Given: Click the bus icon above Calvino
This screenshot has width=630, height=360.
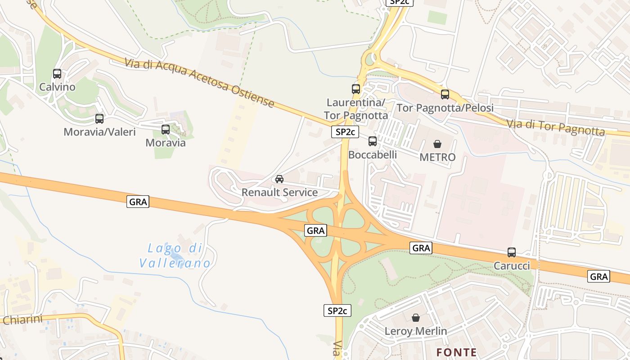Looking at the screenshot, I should point(57,74).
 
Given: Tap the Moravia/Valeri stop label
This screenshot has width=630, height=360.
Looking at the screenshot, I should point(99,132).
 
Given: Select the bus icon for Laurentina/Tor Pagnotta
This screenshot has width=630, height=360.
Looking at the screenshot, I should point(356,89).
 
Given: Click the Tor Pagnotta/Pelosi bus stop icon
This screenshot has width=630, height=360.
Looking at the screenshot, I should point(445,94).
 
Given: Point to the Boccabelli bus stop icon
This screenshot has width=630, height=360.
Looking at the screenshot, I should point(373,141).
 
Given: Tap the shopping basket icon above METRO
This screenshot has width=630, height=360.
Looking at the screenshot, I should point(437,144).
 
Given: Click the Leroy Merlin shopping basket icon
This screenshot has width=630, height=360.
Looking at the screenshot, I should point(416,318).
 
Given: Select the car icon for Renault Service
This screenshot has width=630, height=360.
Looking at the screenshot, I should point(279,179).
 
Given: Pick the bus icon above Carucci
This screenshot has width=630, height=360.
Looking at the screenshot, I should point(512,252).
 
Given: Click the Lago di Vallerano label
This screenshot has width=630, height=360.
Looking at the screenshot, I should point(175,256).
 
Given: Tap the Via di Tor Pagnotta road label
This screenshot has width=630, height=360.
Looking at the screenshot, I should point(555,127).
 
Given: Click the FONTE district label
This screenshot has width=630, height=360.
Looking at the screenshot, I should point(457,352).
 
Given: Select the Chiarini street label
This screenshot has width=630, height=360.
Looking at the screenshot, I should point(22,319).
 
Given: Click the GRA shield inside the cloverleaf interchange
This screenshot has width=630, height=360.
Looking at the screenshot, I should point(315,231).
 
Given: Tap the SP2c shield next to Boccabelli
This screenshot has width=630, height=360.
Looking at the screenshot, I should point(345,132).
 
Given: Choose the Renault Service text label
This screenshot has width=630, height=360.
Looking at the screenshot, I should point(279,193).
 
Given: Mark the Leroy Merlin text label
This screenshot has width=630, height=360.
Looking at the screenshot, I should point(416,332).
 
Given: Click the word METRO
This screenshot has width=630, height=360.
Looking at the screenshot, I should point(437,157).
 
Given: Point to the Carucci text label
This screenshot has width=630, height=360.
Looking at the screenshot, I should point(512,266).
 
